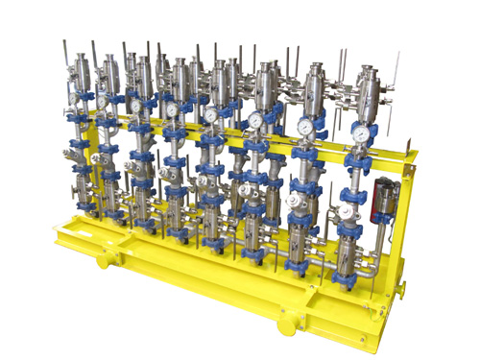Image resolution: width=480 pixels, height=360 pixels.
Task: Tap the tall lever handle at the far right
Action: pos(396,72)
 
